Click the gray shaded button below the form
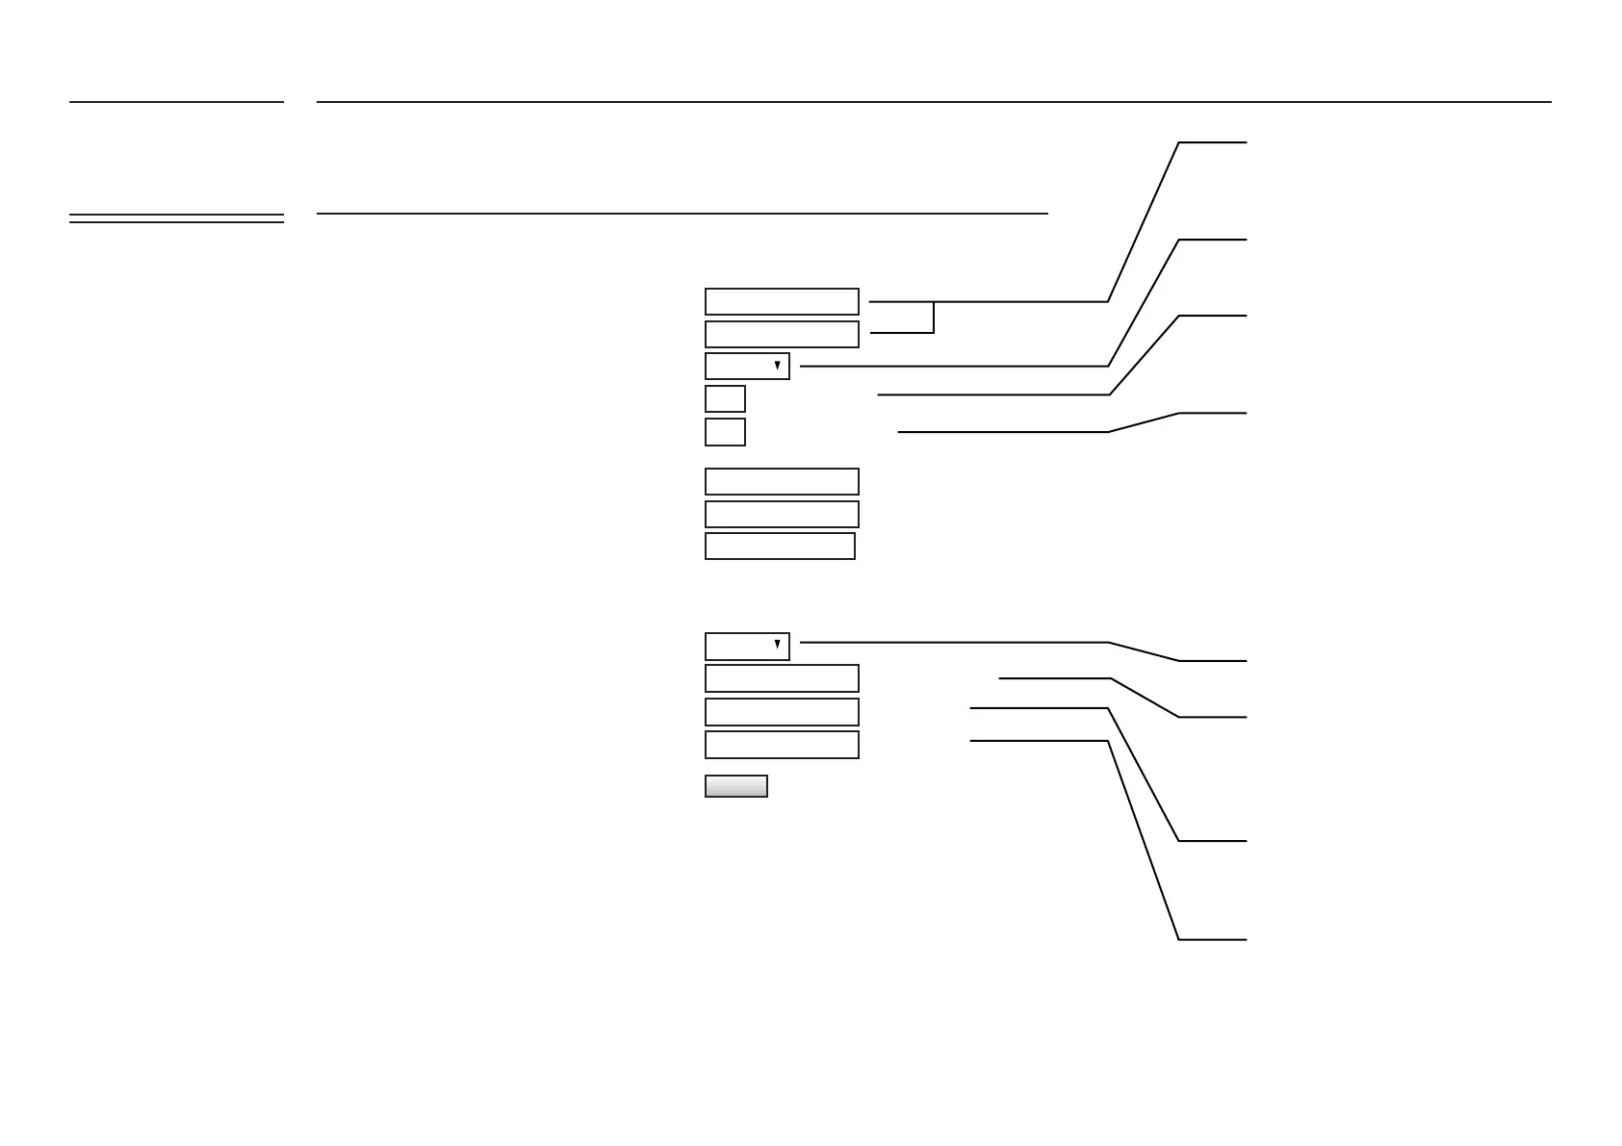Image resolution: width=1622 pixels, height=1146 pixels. pyautogui.click(x=736, y=786)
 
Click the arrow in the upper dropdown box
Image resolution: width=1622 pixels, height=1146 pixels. pyautogui.click(x=777, y=366)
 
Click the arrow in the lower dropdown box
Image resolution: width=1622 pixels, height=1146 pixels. pyautogui.click(x=777, y=645)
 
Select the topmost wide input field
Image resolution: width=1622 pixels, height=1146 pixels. pyautogui.click(x=782, y=301)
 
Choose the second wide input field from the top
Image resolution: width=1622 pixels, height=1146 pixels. pyautogui.click(x=782, y=334)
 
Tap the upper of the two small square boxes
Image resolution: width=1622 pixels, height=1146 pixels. pyautogui.click(x=725, y=398)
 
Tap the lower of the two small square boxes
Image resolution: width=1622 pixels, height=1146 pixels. pyautogui.click(x=725, y=432)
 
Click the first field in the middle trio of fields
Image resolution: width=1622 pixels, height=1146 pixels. pyautogui.click(x=782, y=481)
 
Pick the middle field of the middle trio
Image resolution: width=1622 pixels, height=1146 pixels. pyautogui.click(x=782, y=514)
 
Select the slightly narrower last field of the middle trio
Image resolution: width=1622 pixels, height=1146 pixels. pyautogui.click(x=780, y=546)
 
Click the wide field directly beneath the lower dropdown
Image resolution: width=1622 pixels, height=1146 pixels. pyautogui.click(x=782, y=678)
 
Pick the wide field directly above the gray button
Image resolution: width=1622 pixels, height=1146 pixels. pyautogui.click(x=782, y=745)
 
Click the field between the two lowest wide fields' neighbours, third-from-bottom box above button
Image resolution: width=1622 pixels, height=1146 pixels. pyautogui.click(x=782, y=712)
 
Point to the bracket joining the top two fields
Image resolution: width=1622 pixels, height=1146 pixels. pyautogui.click(x=933, y=318)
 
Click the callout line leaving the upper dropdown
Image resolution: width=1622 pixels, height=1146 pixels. pyautogui.click(x=953, y=366)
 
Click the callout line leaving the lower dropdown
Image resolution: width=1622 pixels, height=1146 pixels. pyautogui.click(x=953, y=642)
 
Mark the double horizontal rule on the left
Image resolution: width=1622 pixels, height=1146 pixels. pyautogui.click(x=176, y=218)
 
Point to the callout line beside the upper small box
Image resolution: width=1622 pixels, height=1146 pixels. pyautogui.click(x=991, y=395)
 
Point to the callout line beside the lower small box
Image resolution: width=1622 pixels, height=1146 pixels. pyautogui.click(x=1001, y=432)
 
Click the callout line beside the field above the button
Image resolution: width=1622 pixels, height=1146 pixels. pyautogui.click(x=1040, y=741)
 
